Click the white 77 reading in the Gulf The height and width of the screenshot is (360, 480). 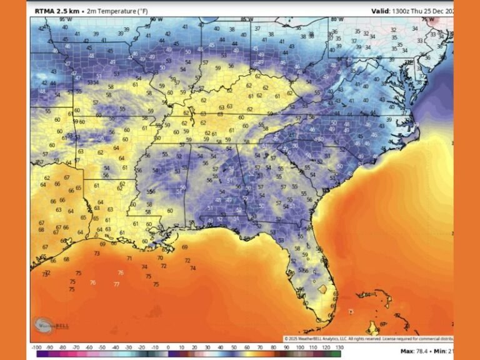(116, 284)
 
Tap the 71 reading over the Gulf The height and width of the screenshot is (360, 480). (129, 258)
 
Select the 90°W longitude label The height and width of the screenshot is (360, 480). (156, 20)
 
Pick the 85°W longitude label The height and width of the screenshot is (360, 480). (247, 20)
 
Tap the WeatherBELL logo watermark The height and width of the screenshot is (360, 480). (53, 325)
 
